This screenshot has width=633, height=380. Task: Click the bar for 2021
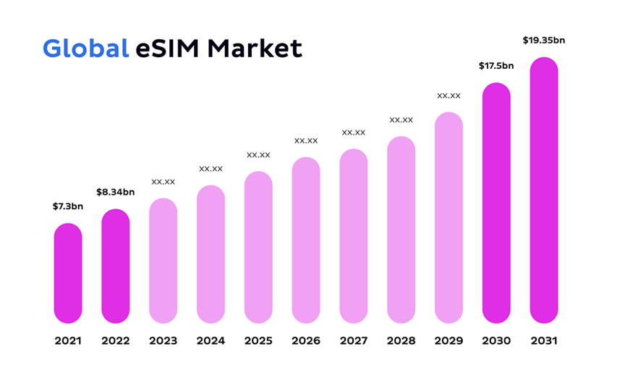(68, 273)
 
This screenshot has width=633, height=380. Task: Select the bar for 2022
(116, 266)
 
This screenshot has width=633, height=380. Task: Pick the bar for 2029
(449, 217)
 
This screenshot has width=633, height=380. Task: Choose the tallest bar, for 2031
(544, 190)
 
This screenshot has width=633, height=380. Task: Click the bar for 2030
(496, 203)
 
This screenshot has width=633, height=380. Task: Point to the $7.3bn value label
(68, 206)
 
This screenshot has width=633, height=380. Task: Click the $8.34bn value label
(116, 192)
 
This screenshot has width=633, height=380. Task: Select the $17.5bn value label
(496, 66)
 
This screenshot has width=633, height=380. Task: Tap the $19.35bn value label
(544, 40)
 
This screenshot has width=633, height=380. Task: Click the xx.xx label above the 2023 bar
(163, 182)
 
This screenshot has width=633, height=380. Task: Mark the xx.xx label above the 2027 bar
(354, 132)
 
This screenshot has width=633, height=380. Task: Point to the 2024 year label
(211, 341)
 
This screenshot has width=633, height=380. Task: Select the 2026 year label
(306, 341)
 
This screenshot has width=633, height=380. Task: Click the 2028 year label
(401, 341)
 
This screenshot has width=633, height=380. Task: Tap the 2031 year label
(544, 341)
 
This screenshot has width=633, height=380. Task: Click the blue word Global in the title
(85, 48)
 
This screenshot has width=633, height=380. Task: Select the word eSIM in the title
(168, 48)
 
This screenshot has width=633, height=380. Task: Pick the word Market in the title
(254, 48)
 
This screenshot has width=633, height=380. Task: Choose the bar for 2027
(354, 236)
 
